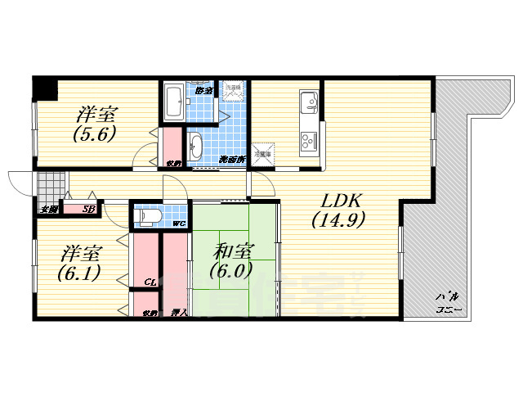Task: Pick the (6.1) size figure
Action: (78, 273)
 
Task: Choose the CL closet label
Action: (150, 282)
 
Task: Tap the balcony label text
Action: (447, 303)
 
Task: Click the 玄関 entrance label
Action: (48, 210)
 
